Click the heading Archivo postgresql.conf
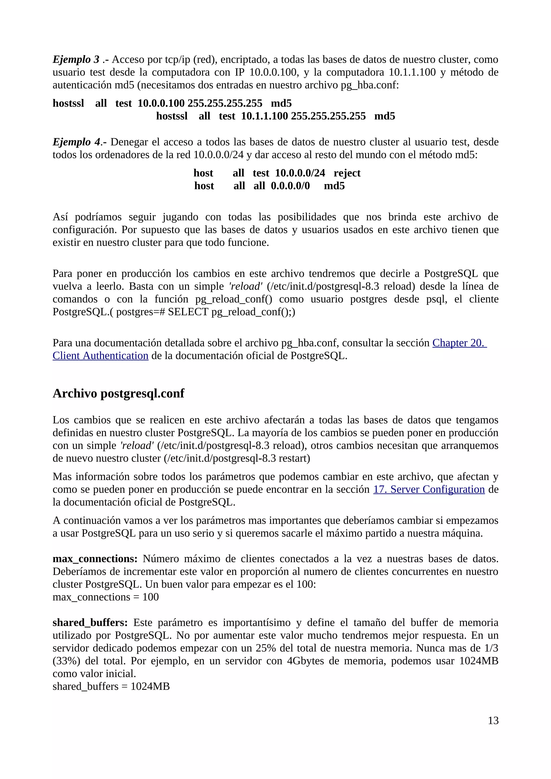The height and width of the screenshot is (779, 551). pyautogui.click(x=118, y=393)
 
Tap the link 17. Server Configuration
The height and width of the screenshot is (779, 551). pyautogui.click(x=429, y=489)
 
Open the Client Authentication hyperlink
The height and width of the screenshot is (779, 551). pyautogui.click(x=101, y=356)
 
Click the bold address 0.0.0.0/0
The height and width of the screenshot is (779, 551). pyautogui.click(x=290, y=186)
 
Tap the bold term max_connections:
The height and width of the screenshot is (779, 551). pyautogui.click(x=95, y=559)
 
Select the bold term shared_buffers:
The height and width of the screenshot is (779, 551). pyautogui.click(x=90, y=622)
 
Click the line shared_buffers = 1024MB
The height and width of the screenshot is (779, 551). pyautogui.click(x=111, y=686)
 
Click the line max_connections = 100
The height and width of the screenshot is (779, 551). pyautogui.click(x=105, y=597)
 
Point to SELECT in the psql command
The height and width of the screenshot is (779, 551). pyautogui.click(x=188, y=312)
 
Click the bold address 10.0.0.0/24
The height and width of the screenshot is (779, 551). pyautogui.click(x=300, y=173)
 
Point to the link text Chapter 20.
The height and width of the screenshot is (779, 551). pyautogui.click(x=459, y=343)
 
